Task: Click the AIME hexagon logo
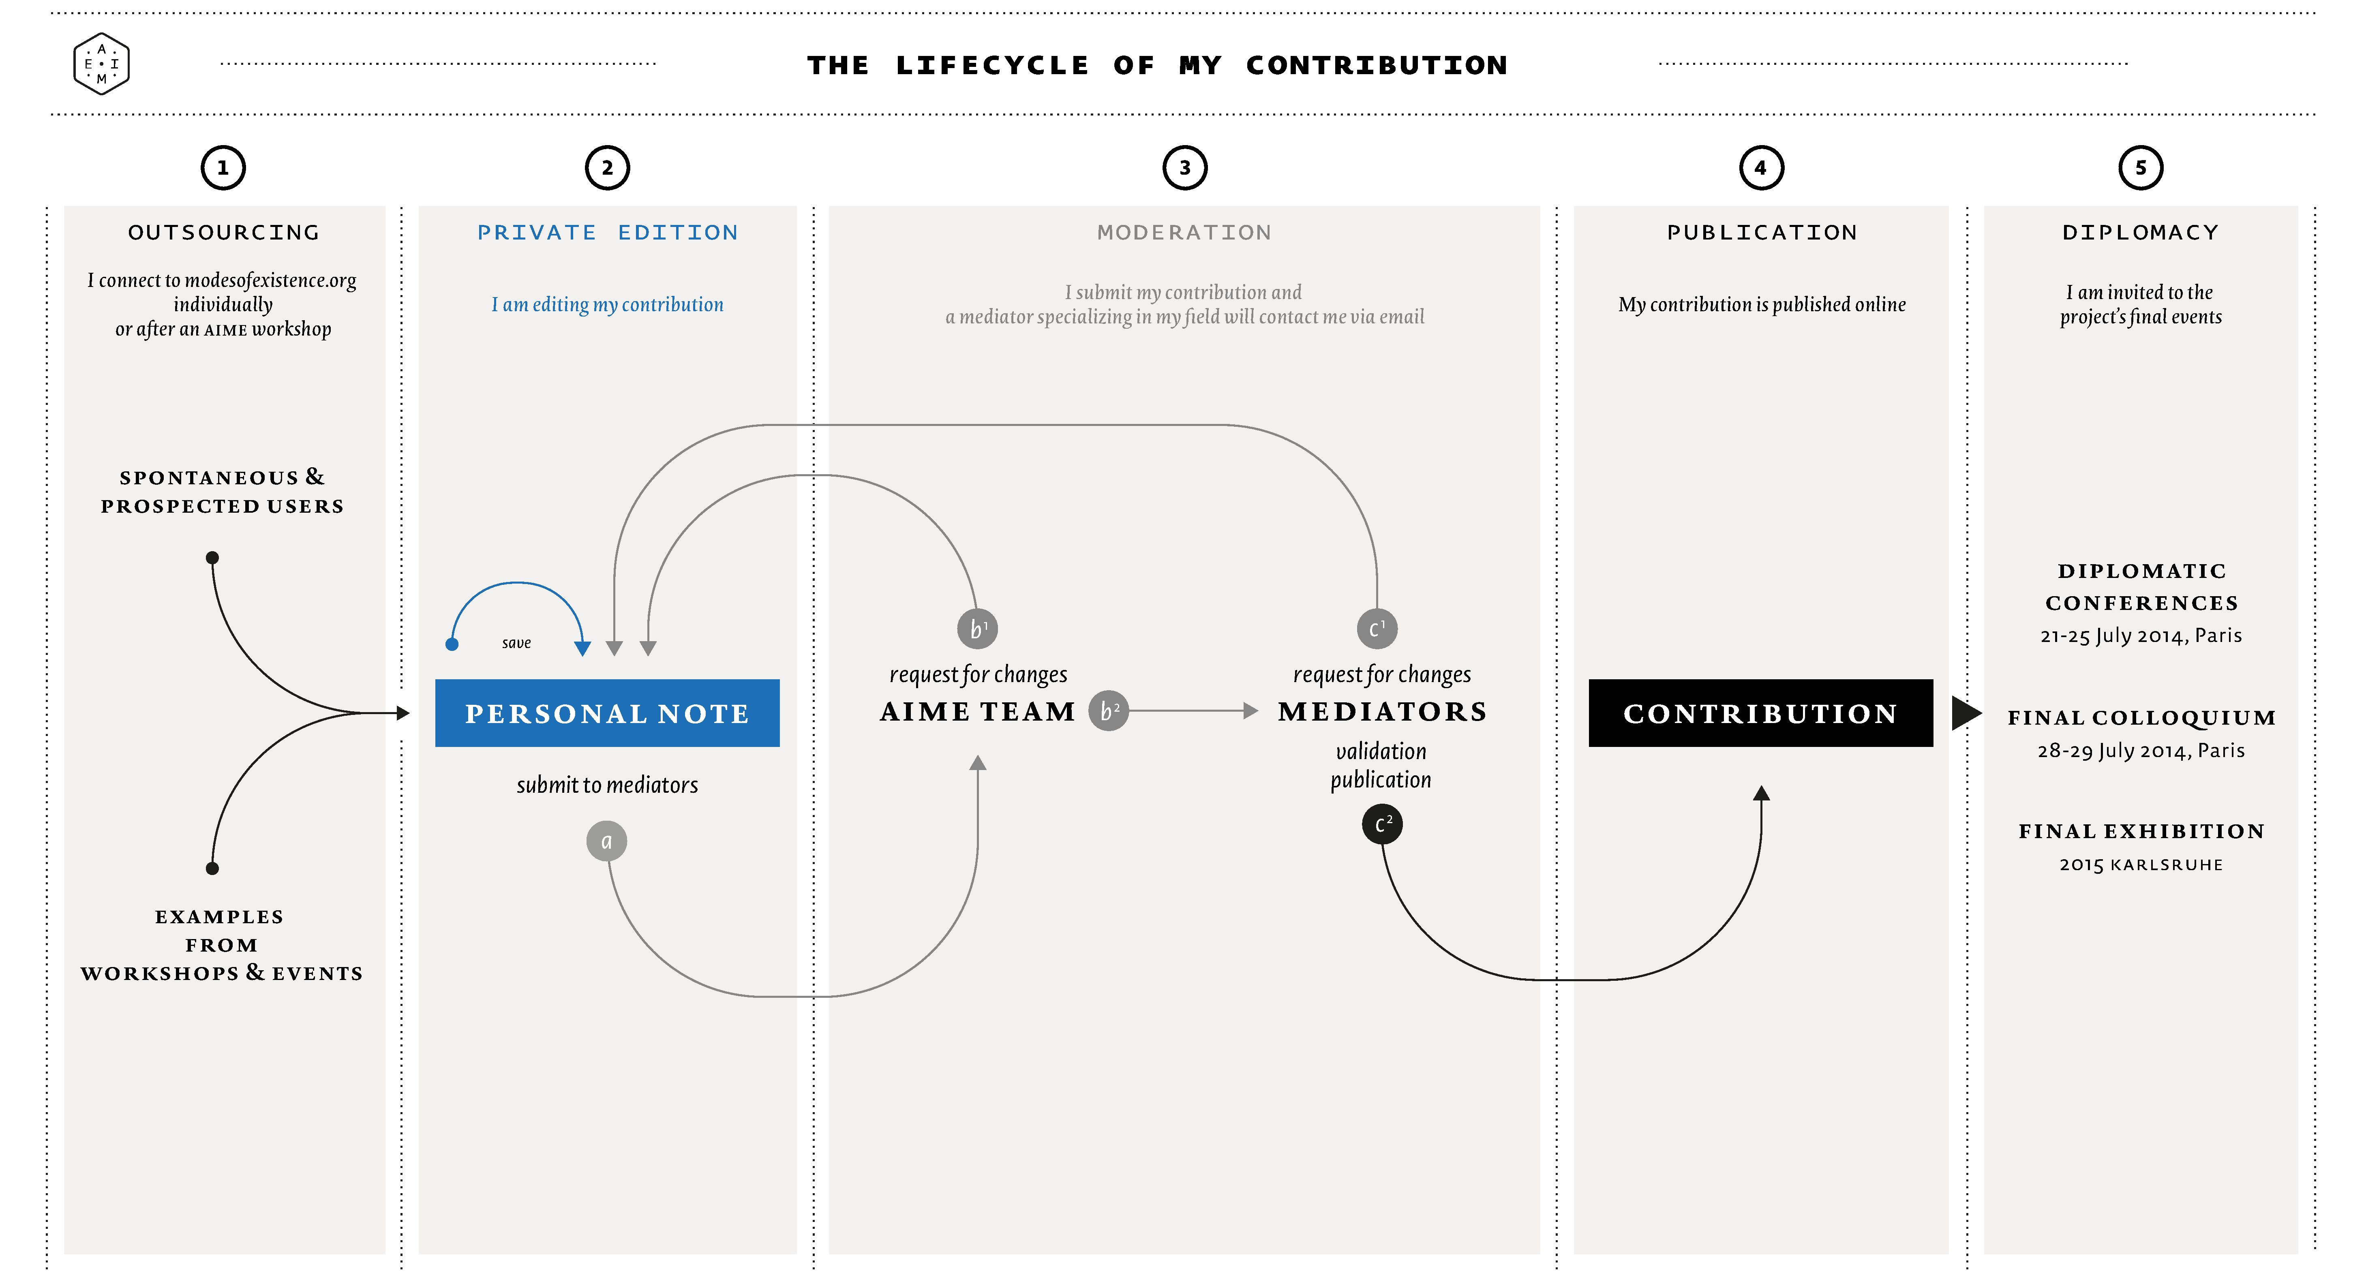pos(101,64)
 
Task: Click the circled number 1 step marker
pos(223,168)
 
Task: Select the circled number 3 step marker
pos(1185,168)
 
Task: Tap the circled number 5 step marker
pos(2141,168)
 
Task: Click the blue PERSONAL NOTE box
pos(607,713)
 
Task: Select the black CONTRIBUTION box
pos(1761,713)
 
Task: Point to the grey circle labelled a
pos(606,841)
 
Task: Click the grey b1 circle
pos(977,629)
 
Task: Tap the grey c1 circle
pos(1377,629)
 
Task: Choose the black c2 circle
pos(1382,824)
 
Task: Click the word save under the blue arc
pos(516,643)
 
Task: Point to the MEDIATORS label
pos(1382,711)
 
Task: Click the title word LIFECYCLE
pos(992,65)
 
